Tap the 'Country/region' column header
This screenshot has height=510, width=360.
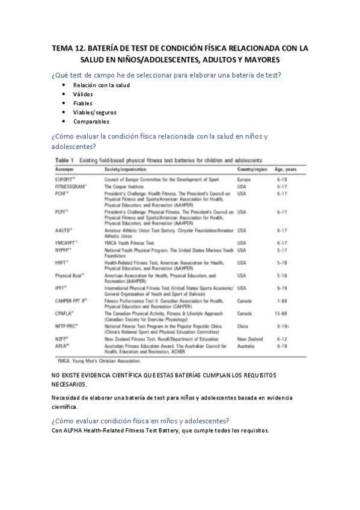(252, 170)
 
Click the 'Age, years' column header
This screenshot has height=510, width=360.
(287, 170)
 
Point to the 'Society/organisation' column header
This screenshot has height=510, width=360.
(126, 170)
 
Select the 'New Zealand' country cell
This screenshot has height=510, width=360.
(251, 339)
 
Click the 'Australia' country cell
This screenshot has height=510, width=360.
(248, 346)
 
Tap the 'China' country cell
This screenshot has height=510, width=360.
(243, 325)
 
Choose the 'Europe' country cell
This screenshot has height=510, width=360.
(244, 179)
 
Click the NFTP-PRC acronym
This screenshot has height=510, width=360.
(67, 325)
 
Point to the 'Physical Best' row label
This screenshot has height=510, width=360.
(69, 275)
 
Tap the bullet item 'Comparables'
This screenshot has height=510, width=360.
(91, 121)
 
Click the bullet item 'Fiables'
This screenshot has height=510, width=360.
(83, 103)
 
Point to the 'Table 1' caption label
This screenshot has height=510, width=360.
(64, 161)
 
